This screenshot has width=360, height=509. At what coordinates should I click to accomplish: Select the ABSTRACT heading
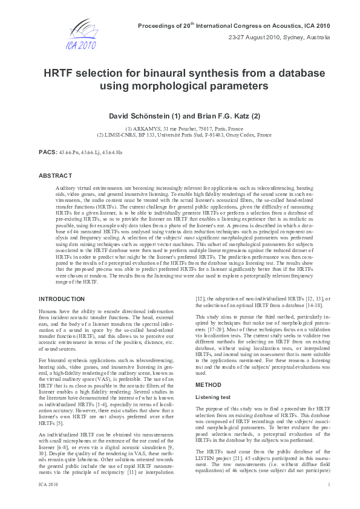55,176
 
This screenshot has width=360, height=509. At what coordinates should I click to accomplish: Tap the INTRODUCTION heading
61,299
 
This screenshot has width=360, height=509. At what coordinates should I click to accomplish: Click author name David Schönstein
153,115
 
